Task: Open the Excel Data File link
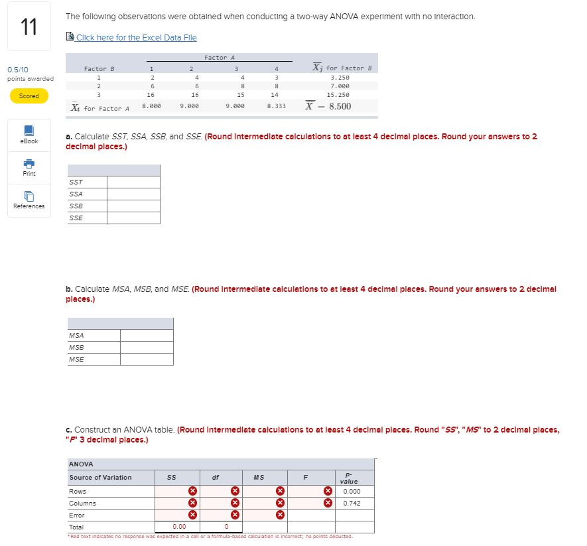coord(136,37)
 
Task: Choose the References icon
coord(29,196)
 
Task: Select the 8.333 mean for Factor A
coord(276,105)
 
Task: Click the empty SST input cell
coord(133,182)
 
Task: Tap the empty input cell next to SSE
coord(133,218)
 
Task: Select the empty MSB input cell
coord(147,347)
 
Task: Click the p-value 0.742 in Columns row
coord(352,503)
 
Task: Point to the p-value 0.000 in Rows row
coord(352,492)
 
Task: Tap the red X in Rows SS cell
coord(192,492)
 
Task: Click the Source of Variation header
coord(100,478)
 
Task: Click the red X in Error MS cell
coord(280,515)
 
